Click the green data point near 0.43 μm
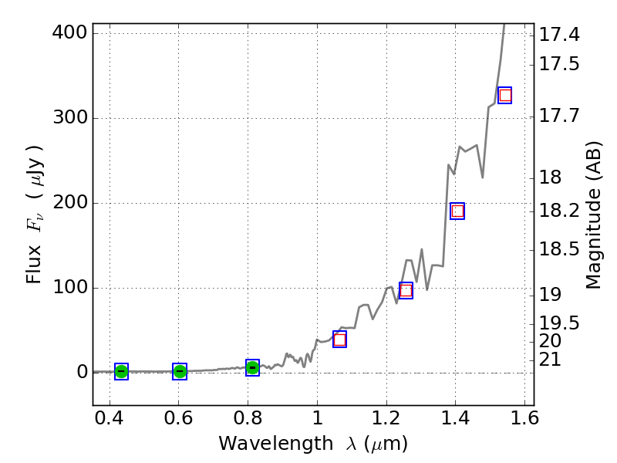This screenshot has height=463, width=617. coord(121,371)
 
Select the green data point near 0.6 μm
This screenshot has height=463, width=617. coord(180,371)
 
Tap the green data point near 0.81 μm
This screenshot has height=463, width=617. coord(252,367)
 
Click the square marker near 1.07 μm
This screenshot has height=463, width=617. coord(339,340)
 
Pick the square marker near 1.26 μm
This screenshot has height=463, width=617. coord(406,290)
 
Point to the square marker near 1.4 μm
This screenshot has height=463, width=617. coord(457,211)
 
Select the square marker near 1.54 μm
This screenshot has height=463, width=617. coord(505,96)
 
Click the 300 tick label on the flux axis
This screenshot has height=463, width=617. coord(66,118)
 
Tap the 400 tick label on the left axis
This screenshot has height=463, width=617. coord(66,33)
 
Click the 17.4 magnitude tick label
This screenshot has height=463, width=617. coord(559,35)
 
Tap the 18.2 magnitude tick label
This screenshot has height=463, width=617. coord(559,211)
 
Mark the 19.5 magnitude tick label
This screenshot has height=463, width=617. coord(559,323)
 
